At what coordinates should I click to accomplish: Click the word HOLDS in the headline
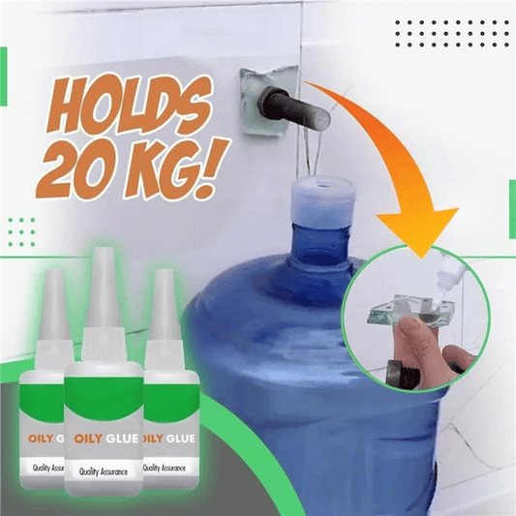coord(130,104)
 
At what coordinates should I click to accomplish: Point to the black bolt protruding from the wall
coord(294,109)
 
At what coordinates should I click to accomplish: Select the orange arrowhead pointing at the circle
coord(418,230)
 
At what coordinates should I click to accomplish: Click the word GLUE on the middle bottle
coord(122,439)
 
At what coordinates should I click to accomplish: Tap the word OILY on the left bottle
coord(41,439)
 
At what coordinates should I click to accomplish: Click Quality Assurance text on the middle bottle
coord(104,471)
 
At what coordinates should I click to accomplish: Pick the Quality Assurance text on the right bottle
coord(164,468)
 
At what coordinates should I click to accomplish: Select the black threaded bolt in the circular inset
coord(404,374)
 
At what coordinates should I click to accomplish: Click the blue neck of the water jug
coord(320,244)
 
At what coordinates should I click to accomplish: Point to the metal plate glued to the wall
coord(268,102)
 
